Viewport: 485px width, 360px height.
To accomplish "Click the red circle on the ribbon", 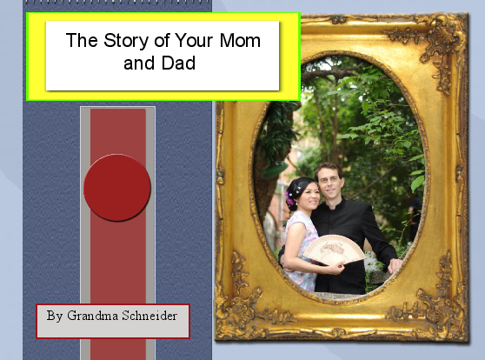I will (x=117, y=188).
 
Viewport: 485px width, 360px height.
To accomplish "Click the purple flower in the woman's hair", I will (x=290, y=198).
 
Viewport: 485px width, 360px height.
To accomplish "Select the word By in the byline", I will (x=55, y=315).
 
